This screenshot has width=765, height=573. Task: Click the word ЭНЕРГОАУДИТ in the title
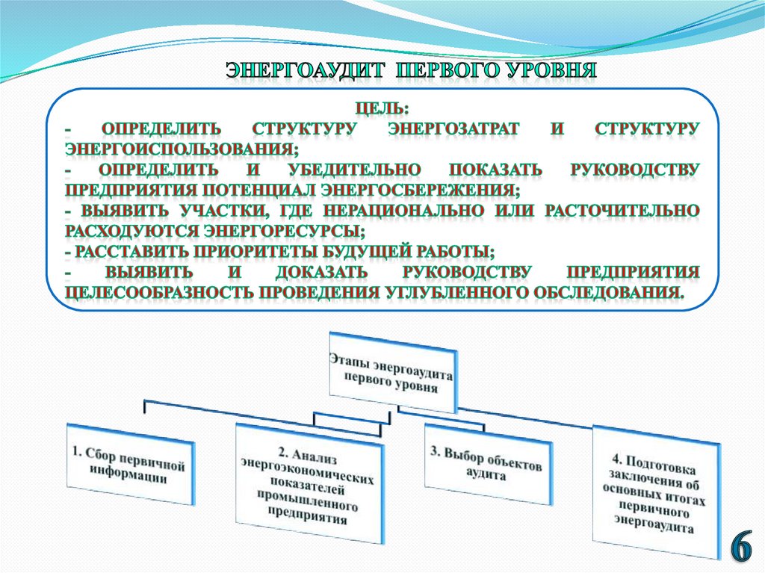point(306,72)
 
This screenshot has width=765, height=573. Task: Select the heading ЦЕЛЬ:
point(382,109)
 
